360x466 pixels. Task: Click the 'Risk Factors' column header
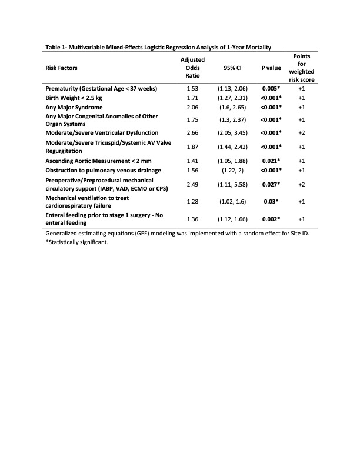tap(62, 68)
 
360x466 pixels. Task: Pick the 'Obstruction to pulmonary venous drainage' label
tap(104, 170)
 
